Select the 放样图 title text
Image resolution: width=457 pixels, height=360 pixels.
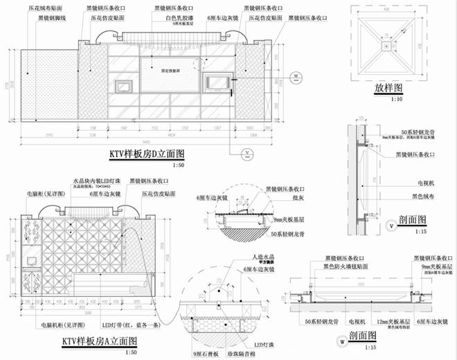click(x=389, y=89)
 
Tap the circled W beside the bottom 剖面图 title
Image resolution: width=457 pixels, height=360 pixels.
click(x=342, y=340)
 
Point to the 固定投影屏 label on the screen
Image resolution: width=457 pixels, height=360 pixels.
click(x=169, y=71)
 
